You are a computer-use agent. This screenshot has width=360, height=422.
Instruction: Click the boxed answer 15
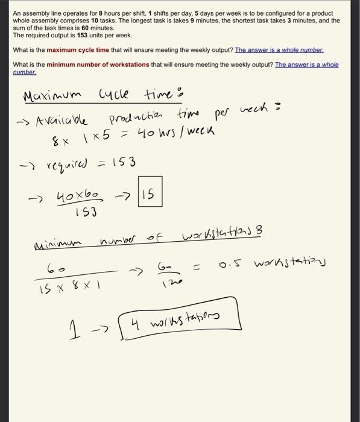coord(148,194)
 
